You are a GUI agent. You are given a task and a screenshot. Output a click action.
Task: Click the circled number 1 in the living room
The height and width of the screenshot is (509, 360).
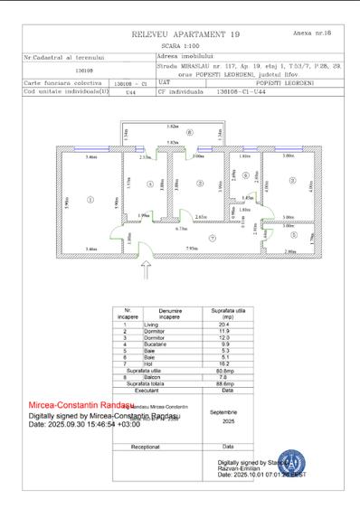[x=90, y=198]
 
